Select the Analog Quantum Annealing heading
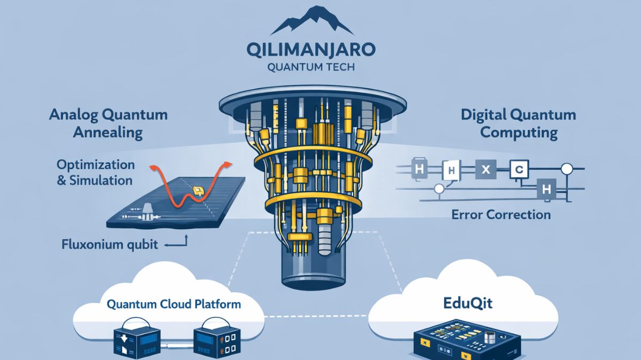108,122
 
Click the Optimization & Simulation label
96,172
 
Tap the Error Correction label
501,215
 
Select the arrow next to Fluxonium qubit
177,244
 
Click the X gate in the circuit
486,170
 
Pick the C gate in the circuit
519,170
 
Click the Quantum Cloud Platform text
174,304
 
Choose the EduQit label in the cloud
468,304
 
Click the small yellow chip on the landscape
198,190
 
